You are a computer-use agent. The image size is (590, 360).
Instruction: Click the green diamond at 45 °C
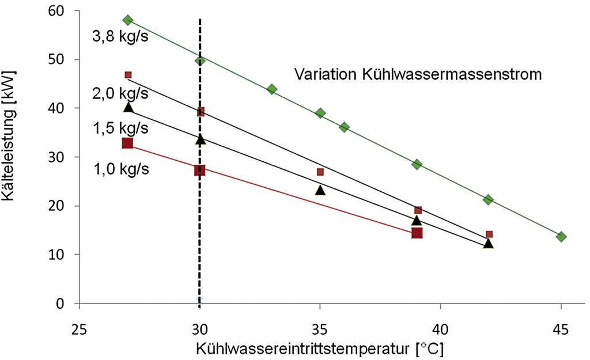coord(561,237)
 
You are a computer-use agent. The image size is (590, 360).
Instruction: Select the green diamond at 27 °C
coord(128,20)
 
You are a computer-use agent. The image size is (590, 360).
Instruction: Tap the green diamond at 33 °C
coord(272,89)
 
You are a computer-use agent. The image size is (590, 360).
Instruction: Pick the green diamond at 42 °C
coord(489,200)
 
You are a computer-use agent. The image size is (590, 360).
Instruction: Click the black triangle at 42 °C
coord(489,244)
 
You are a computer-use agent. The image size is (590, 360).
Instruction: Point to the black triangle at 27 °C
coord(128,107)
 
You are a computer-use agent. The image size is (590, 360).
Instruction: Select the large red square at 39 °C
coord(417,233)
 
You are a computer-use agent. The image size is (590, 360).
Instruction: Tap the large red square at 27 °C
coord(128,143)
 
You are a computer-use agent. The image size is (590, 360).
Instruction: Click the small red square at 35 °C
coord(320,172)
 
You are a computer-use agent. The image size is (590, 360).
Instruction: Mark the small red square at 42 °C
coord(489,234)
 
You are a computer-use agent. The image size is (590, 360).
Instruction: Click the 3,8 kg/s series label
coord(120,37)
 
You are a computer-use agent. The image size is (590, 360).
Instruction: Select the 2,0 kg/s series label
coord(120,93)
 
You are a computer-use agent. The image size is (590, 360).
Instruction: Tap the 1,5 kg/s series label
coord(120,129)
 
